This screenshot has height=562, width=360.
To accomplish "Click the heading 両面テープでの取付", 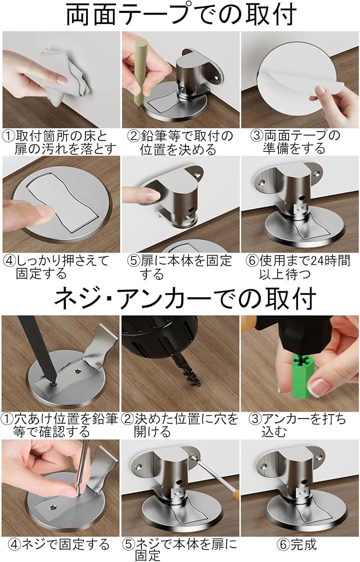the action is [181, 14].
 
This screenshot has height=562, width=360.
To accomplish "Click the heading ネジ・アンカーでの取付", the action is [185, 298].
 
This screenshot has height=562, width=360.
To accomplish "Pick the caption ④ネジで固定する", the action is [59, 545].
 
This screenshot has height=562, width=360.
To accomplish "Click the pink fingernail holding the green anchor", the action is [317, 387].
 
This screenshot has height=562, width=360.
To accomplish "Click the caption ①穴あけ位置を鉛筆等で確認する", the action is [59, 425].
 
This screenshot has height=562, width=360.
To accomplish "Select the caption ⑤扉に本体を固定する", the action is [179, 267].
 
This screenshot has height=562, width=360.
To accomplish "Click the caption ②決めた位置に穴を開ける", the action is [180, 425].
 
